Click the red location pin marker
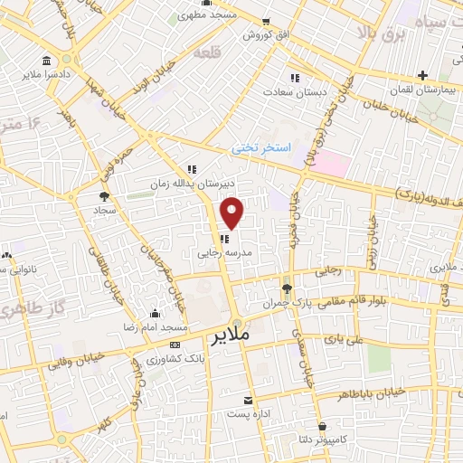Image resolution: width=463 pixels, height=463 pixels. tap(233, 212)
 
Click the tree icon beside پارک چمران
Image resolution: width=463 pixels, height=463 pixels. tap(287, 289)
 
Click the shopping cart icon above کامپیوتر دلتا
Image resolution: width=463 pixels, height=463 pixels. tap(323, 423)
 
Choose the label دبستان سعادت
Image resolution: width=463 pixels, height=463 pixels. tap(294, 91)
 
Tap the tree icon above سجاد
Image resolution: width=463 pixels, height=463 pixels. tap(105, 194)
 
